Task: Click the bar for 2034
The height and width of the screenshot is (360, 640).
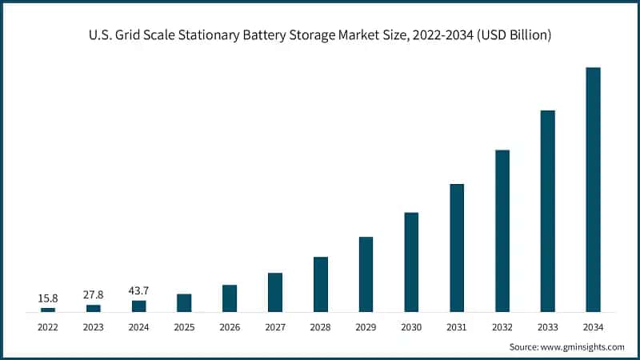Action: [x=593, y=189]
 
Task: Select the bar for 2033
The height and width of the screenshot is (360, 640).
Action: [x=547, y=210]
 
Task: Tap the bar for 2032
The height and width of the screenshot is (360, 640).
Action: [x=502, y=230]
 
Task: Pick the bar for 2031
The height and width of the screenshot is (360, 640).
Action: [x=457, y=247]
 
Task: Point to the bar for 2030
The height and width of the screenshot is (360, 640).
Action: [x=411, y=262]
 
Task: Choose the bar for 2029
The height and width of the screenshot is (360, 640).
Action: [x=366, y=274]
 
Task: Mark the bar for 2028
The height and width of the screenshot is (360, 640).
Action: [x=321, y=284]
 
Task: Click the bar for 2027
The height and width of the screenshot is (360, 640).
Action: [x=275, y=292]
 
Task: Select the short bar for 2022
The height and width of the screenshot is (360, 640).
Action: [x=48, y=309]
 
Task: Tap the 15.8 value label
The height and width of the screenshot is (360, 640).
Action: [x=48, y=298]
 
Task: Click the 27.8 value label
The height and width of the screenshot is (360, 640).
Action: [x=94, y=295]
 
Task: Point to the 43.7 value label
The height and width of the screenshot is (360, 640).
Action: [x=138, y=290]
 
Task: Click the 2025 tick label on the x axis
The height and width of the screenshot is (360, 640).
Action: [x=184, y=327]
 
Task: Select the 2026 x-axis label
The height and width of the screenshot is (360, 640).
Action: [x=230, y=327]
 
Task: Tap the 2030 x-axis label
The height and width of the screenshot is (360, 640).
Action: [x=411, y=327]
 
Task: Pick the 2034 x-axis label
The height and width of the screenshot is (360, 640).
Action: [x=593, y=327]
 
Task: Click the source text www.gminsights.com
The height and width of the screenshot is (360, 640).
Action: [x=582, y=347]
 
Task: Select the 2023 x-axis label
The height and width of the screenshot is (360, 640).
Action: [x=94, y=327]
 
